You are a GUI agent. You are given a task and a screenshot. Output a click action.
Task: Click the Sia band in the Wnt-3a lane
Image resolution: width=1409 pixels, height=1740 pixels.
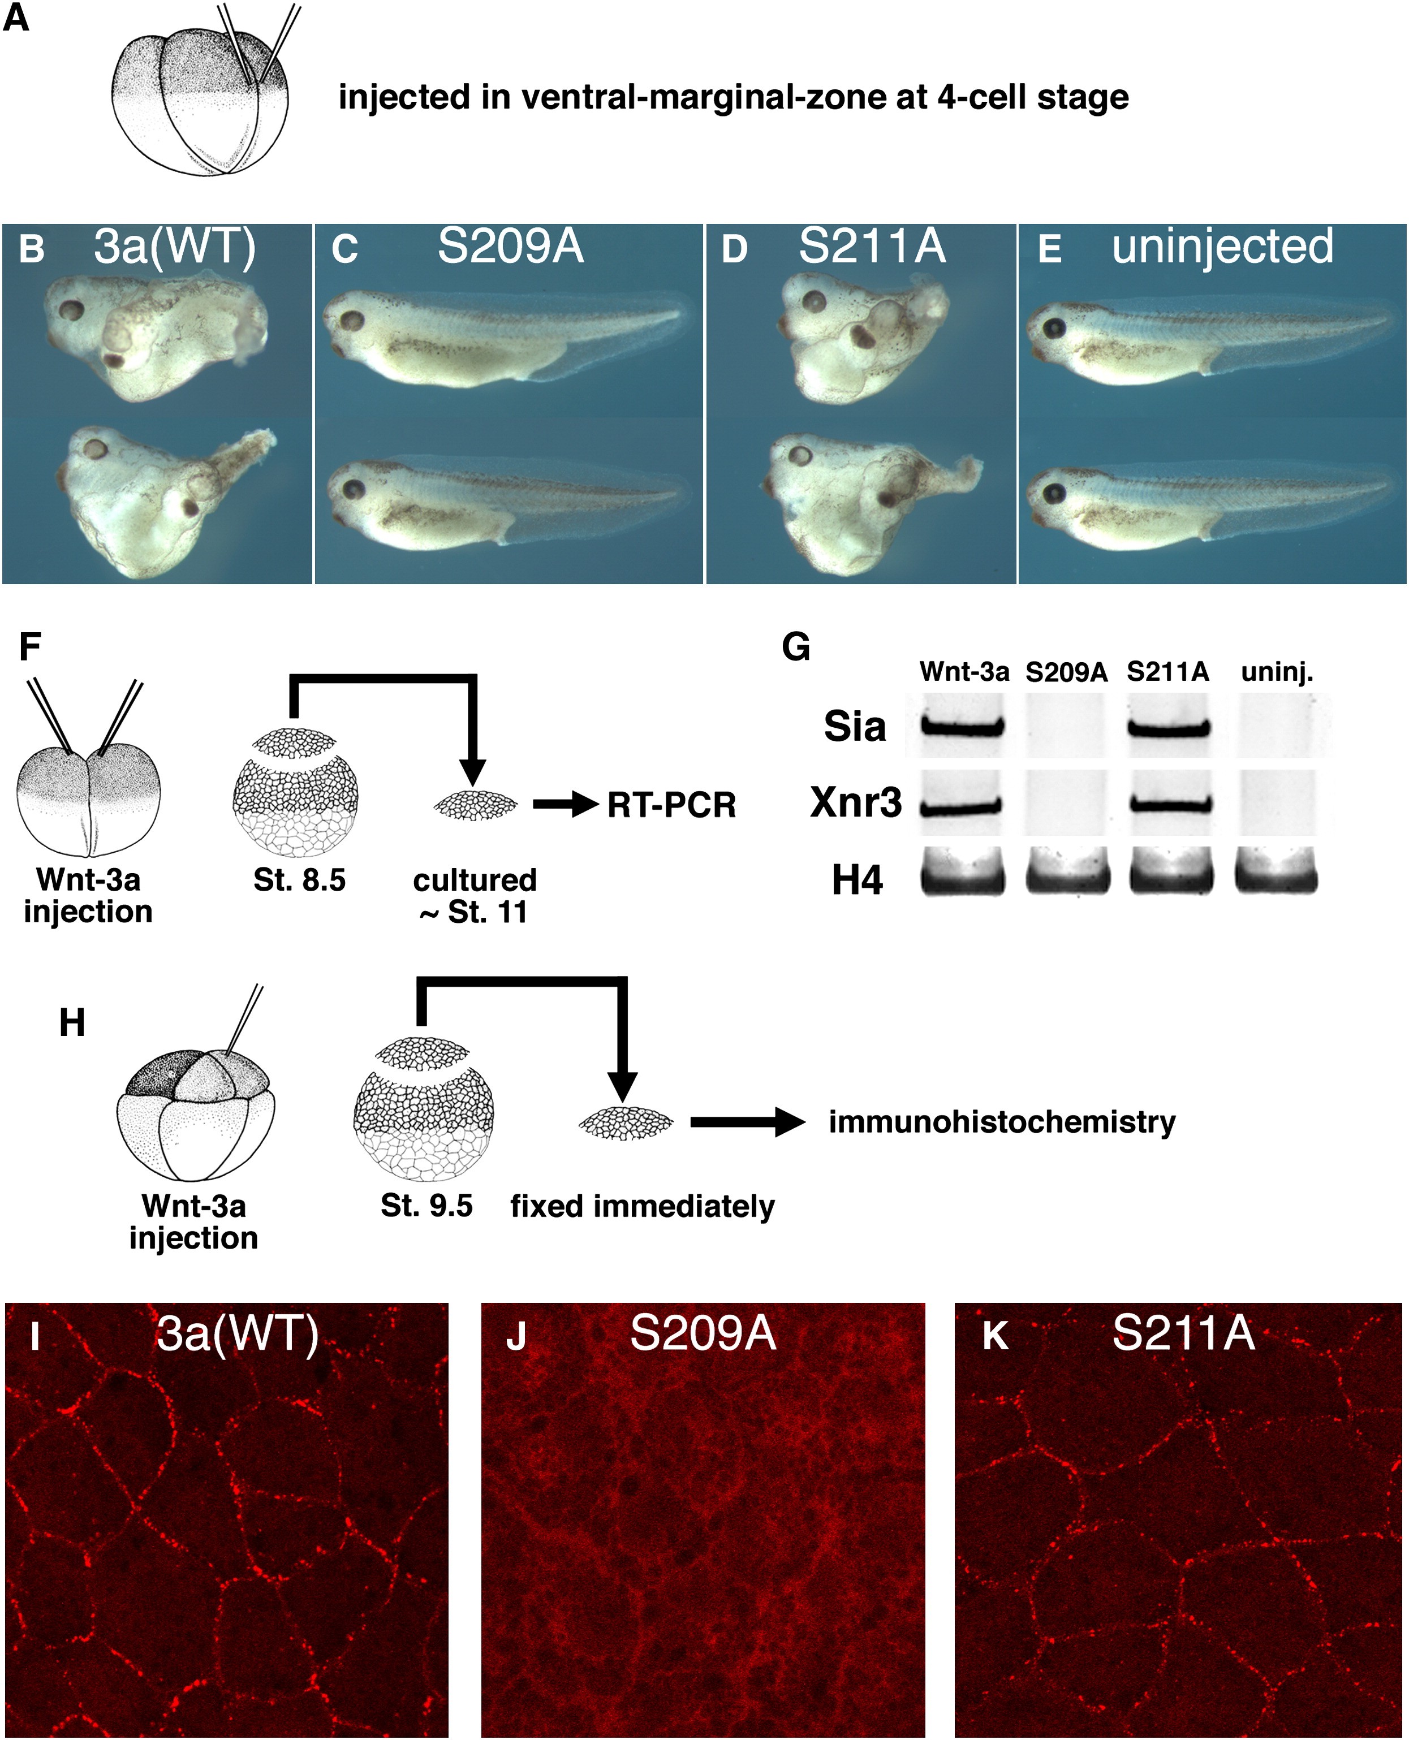click(963, 727)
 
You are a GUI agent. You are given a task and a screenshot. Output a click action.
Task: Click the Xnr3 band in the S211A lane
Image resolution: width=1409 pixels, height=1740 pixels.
click(1171, 805)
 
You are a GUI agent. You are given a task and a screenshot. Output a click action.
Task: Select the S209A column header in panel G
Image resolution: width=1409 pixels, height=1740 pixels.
click(1066, 672)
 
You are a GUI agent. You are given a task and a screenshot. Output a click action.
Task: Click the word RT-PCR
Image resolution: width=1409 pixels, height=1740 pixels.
click(672, 805)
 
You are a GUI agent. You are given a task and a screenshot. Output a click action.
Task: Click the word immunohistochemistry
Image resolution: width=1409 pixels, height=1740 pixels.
click(1002, 1122)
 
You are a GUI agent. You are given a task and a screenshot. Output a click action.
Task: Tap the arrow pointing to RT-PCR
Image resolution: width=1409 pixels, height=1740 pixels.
click(566, 805)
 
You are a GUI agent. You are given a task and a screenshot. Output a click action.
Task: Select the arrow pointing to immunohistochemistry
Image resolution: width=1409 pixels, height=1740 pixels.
click(748, 1122)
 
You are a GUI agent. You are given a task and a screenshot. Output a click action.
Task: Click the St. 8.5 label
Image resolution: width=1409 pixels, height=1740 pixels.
click(299, 880)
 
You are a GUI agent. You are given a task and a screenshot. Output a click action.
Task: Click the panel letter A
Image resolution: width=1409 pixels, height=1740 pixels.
click(16, 17)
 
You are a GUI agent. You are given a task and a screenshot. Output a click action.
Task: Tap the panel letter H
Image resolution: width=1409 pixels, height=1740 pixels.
click(72, 1023)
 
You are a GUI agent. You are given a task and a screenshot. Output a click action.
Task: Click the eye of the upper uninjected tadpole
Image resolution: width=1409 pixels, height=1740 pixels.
click(1055, 328)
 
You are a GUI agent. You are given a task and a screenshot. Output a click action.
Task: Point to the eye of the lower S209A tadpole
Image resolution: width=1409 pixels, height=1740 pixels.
click(353, 490)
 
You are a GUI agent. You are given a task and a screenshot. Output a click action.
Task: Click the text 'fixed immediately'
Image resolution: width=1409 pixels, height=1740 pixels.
click(642, 1206)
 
